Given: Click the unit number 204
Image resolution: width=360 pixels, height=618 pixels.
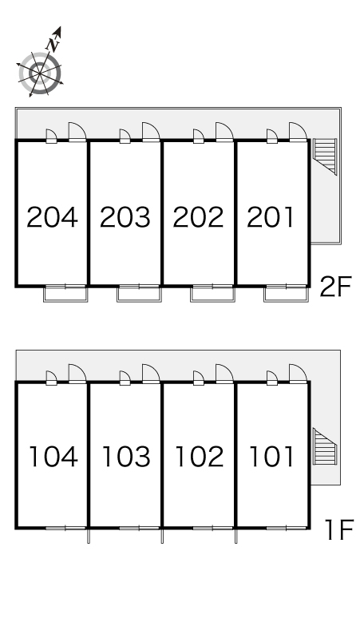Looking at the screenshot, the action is click(x=52, y=217).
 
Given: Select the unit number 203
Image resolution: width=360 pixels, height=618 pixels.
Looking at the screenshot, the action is click(x=125, y=217).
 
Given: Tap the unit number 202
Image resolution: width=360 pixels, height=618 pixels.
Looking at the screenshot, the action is click(x=199, y=217).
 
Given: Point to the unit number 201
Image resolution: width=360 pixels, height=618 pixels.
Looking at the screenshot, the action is click(x=271, y=217).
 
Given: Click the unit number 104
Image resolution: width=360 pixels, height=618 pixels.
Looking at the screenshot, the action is click(x=53, y=457).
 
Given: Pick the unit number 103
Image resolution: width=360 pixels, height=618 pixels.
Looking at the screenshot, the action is click(x=126, y=457).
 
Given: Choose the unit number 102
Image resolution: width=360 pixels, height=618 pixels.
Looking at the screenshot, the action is click(x=200, y=457).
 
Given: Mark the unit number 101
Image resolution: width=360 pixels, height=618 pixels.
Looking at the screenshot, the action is click(x=271, y=457).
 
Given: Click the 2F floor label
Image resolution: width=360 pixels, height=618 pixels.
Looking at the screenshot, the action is click(x=335, y=287).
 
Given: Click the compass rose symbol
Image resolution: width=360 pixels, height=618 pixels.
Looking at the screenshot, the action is click(x=40, y=73).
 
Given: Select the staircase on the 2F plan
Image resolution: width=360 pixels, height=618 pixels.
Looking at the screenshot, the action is click(x=325, y=156).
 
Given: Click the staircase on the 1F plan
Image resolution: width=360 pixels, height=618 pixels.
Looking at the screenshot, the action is click(x=325, y=447).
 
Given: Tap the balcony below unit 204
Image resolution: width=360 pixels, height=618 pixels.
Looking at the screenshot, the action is click(x=65, y=294).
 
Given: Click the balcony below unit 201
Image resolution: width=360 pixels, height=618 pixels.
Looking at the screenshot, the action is click(x=286, y=294).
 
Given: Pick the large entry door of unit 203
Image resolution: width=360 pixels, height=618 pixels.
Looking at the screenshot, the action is click(x=151, y=132).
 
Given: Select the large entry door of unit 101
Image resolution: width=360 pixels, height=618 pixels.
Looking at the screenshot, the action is click(x=298, y=374).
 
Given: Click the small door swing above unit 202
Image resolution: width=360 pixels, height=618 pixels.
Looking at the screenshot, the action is click(x=199, y=136).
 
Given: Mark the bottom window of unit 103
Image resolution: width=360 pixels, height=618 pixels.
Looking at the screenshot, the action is click(x=139, y=528).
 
